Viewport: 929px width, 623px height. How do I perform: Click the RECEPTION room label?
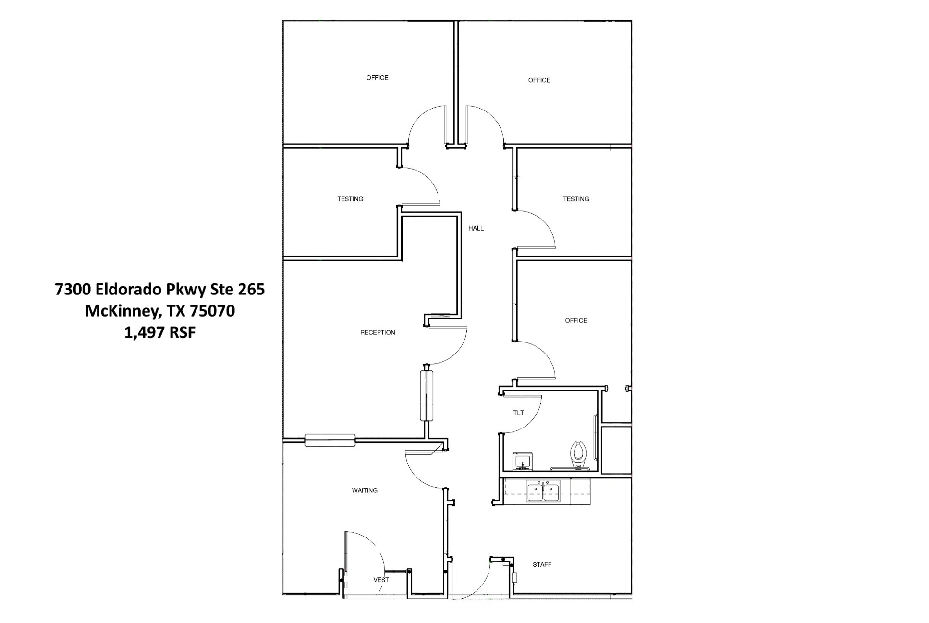coord(378,332)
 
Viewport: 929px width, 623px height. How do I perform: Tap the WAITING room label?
coord(365,490)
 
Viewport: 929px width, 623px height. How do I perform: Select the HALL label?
coord(476,228)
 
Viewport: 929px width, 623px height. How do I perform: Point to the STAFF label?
coord(542,565)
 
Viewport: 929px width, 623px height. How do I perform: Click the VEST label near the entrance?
coord(381,580)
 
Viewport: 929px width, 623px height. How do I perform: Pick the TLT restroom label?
coord(518,413)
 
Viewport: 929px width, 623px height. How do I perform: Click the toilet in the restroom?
coord(579,454)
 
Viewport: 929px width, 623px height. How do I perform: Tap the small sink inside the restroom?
coord(522,461)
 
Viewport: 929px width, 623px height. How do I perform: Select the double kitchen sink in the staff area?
coord(543,491)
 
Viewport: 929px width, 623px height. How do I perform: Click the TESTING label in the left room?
coord(350,199)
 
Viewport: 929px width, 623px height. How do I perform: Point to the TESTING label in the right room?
coord(576,199)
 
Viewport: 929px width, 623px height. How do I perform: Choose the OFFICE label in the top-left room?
coord(377,78)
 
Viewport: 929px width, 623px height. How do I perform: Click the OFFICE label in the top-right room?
coord(539,80)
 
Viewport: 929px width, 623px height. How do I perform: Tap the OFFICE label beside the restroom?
coord(576,320)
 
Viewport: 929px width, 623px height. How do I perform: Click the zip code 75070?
coord(212,311)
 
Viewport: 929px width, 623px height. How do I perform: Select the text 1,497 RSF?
coord(160,332)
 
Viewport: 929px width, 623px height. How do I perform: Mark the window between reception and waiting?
coord(330,440)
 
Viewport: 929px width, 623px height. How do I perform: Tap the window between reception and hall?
coord(427,393)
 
